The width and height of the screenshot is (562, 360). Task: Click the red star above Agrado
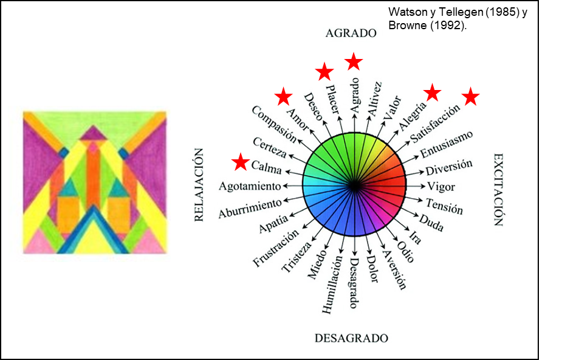tap(354, 61)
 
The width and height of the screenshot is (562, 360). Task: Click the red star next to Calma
tap(241, 162)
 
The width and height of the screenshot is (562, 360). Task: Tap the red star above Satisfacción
tap(471, 97)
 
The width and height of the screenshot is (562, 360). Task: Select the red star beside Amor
tap(283, 96)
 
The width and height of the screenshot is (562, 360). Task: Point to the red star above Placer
tap(325, 72)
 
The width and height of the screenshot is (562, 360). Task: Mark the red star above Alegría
tap(432, 92)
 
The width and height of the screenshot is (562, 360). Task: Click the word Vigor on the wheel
tap(441, 185)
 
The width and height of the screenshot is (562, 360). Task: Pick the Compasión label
tap(273, 124)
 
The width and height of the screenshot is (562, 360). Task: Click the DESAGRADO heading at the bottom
tap(351, 338)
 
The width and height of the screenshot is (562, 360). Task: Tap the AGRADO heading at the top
tap(351, 33)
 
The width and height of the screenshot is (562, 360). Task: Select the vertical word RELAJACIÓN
tap(199, 185)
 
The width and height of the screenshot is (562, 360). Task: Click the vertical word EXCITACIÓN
tap(498, 189)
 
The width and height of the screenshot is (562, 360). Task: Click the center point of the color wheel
tap(355, 185)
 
